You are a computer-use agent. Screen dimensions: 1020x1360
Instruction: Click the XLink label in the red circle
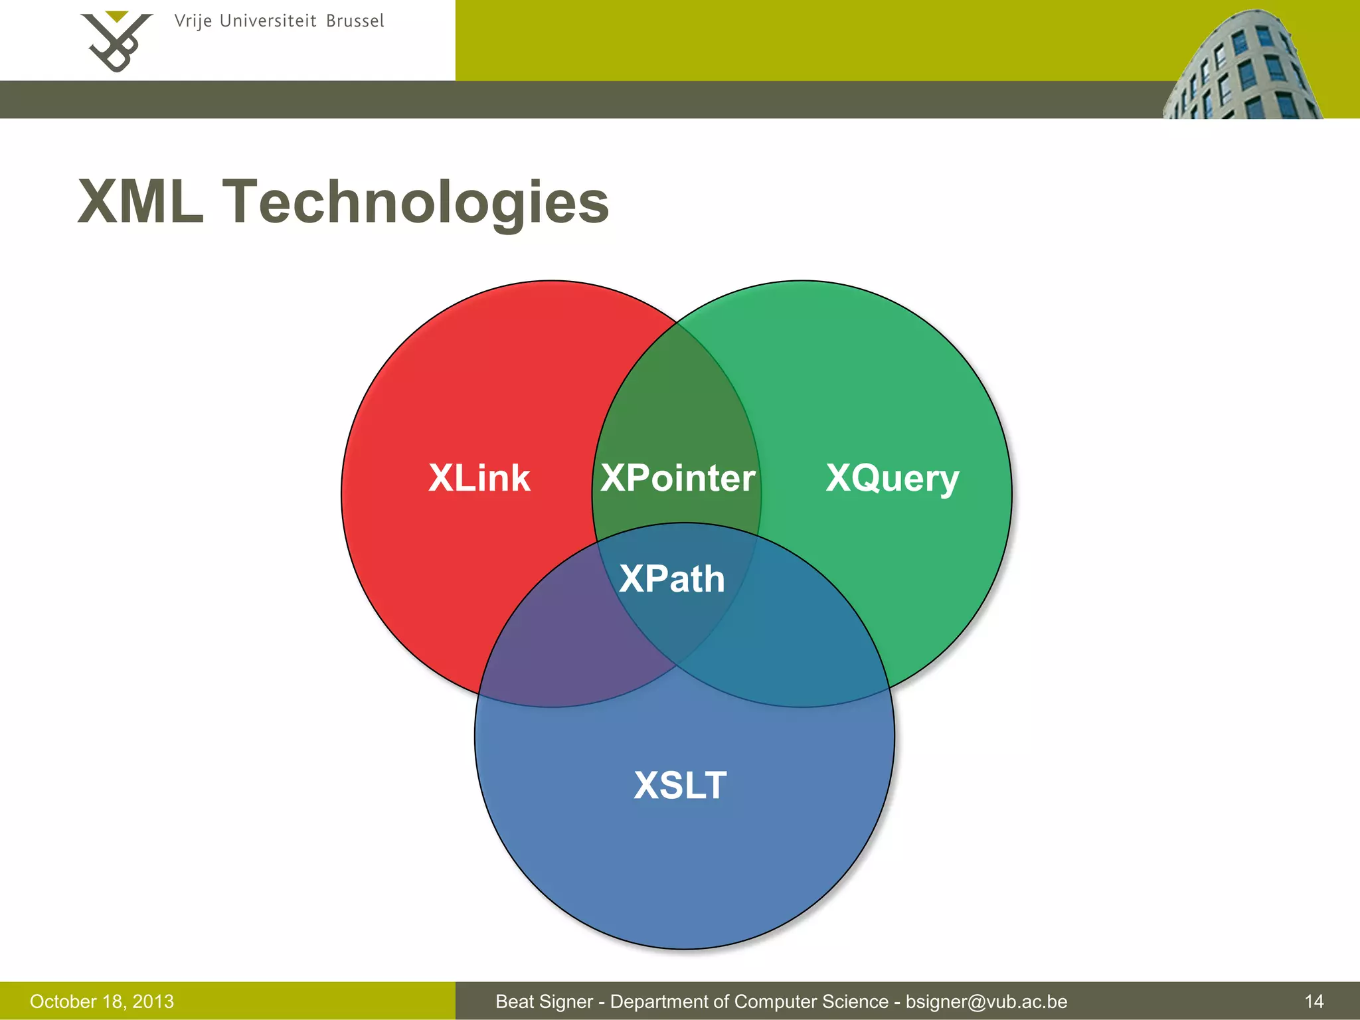pos(479,478)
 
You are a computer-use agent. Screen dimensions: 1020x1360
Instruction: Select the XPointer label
pos(677,478)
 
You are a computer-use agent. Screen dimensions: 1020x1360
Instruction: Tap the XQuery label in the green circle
pos(892,479)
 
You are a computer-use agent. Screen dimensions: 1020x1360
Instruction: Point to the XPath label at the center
pos(671,578)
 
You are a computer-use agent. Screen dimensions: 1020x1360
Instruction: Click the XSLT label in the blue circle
pos(680,785)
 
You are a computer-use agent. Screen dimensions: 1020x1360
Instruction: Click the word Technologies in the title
pos(415,203)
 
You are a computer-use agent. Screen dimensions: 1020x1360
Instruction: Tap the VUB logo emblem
pos(117,44)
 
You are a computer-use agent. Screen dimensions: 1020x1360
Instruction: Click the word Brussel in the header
pos(355,21)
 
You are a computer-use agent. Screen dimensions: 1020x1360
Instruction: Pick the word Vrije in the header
pos(193,22)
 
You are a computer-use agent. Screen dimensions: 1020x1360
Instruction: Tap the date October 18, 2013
pos(102,1001)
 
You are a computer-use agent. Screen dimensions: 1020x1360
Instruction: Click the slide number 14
pos(1314,1001)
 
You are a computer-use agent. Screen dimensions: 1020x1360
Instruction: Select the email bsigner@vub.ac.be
pos(986,1001)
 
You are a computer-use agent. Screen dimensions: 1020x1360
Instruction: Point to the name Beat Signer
pos(544,1001)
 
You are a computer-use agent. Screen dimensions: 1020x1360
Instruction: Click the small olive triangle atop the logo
pos(117,16)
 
